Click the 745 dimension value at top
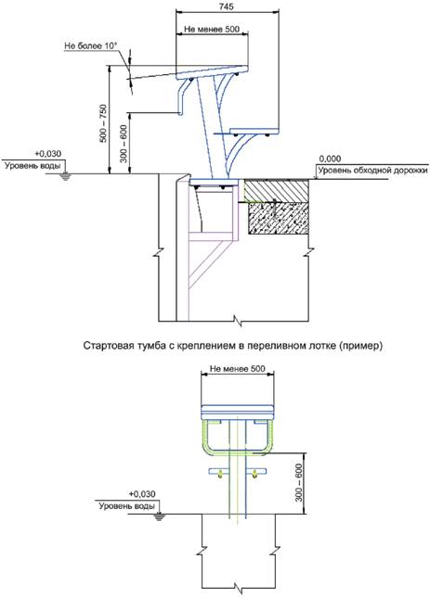[x=227, y=6]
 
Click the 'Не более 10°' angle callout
[x=91, y=45]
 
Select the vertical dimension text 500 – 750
[x=103, y=123]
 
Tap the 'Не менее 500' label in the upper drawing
[x=212, y=29]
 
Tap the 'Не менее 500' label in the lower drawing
[x=238, y=369]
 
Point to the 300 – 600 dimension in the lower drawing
[x=299, y=482]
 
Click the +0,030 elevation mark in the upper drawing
[x=47, y=154]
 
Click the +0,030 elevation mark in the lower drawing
[x=142, y=494]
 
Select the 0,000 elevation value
[x=331, y=159]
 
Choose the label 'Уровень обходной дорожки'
[x=372, y=171]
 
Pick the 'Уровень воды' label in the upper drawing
[x=33, y=166]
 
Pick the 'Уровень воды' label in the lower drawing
[x=127, y=506]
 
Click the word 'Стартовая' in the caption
[x=107, y=346]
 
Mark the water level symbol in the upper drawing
[x=66, y=176]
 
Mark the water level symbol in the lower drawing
[x=159, y=516]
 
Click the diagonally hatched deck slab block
[x=277, y=190]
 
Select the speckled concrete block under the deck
[x=279, y=218]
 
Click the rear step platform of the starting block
[x=254, y=131]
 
